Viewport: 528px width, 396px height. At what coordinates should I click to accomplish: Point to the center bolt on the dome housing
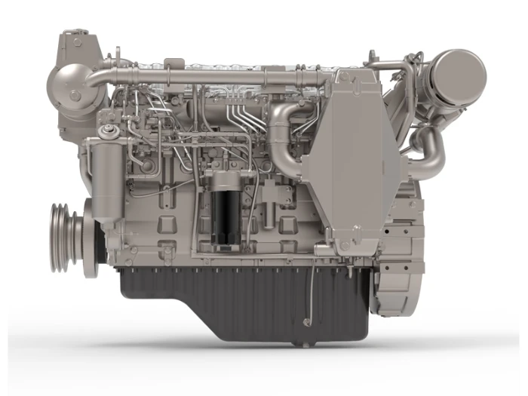75,95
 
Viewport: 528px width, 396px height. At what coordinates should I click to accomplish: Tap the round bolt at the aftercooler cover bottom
344,247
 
